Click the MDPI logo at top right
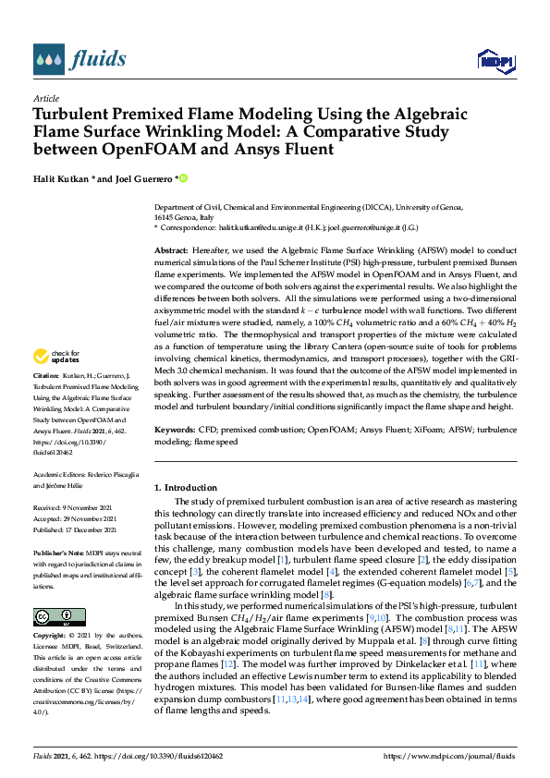point(494,61)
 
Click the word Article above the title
point(45,98)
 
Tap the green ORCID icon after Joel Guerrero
point(184,177)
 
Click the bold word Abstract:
point(171,251)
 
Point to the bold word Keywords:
point(174,431)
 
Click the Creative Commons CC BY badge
point(54,617)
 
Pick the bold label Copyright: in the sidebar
point(51,637)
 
